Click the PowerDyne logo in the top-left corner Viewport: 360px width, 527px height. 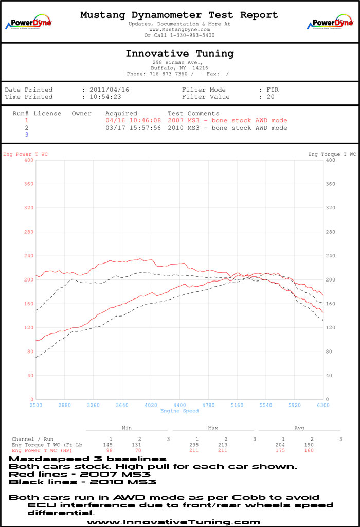pos(28,23)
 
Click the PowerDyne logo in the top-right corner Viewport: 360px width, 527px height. pos(330,23)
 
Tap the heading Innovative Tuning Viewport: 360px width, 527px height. pos(179,54)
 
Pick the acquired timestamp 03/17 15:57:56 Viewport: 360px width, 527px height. pos(133,128)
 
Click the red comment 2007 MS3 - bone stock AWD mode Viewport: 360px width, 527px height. pos(227,121)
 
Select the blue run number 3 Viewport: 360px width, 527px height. pos(27,135)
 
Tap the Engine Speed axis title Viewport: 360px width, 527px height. pos(179,411)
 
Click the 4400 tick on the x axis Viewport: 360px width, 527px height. pos(179,406)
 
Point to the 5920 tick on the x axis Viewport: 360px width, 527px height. pos(294,406)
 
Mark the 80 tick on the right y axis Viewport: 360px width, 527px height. pos(330,352)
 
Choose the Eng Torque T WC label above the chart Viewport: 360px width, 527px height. pos(332,154)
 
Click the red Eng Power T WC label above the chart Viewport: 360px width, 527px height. pos(26,154)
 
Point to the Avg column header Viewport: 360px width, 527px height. pos(299,428)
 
